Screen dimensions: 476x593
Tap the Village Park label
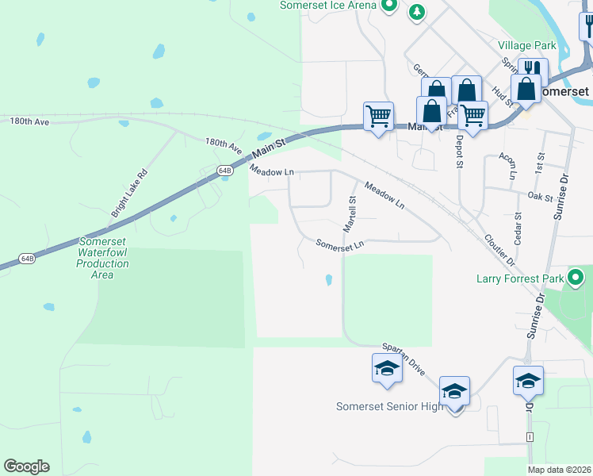(x=527, y=45)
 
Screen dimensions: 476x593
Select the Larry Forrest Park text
(x=520, y=278)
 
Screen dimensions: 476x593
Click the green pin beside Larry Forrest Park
(x=576, y=278)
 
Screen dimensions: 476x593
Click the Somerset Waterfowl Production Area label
(x=102, y=258)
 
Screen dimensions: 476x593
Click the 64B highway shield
(x=225, y=171)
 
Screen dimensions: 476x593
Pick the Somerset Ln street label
(x=339, y=245)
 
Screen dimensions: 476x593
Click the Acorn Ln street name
(x=507, y=164)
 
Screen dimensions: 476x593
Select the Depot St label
(x=459, y=151)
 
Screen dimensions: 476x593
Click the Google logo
(x=26, y=466)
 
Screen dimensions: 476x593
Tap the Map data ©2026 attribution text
(x=558, y=470)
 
